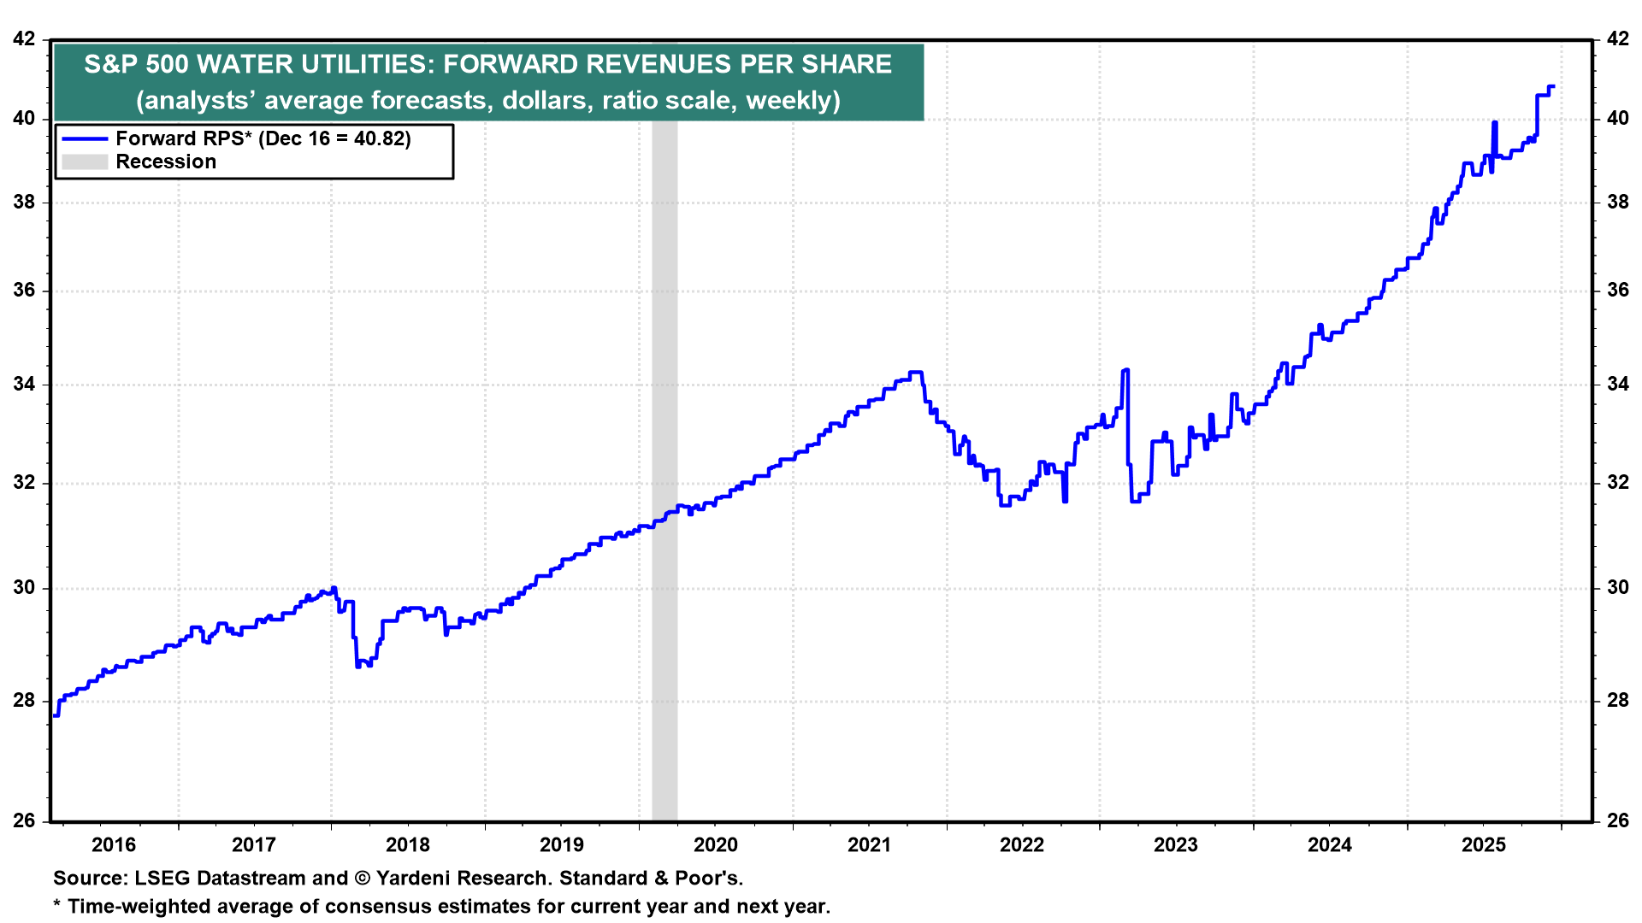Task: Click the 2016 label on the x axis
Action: tap(114, 845)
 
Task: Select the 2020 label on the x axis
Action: tap(715, 845)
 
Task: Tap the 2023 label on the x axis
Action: tap(1176, 845)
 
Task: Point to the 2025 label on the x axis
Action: tap(1483, 845)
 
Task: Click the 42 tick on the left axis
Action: tap(25, 39)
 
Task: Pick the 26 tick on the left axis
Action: tap(25, 820)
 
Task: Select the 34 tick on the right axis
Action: tap(1617, 384)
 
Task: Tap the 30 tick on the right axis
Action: tap(1617, 587)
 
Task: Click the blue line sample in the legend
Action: tap(85, 138)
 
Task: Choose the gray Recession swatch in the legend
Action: tap(85, 162)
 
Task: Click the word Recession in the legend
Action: tap(166, 162)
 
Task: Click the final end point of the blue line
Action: tap(1552, 86)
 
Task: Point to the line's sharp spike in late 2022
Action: tap(1126, 370)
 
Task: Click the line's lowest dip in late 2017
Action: tap(357, 666)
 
